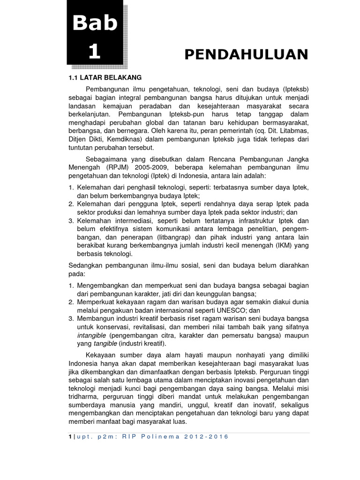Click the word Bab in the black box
click(x=95, y=22)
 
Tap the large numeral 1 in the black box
click(x=95, y=52)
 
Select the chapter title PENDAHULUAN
click(x=246, y=54)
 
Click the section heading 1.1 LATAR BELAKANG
click(x=105, y=77)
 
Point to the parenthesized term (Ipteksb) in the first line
click(x=292, y=89)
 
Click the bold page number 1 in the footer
click(x=69, y=436)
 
